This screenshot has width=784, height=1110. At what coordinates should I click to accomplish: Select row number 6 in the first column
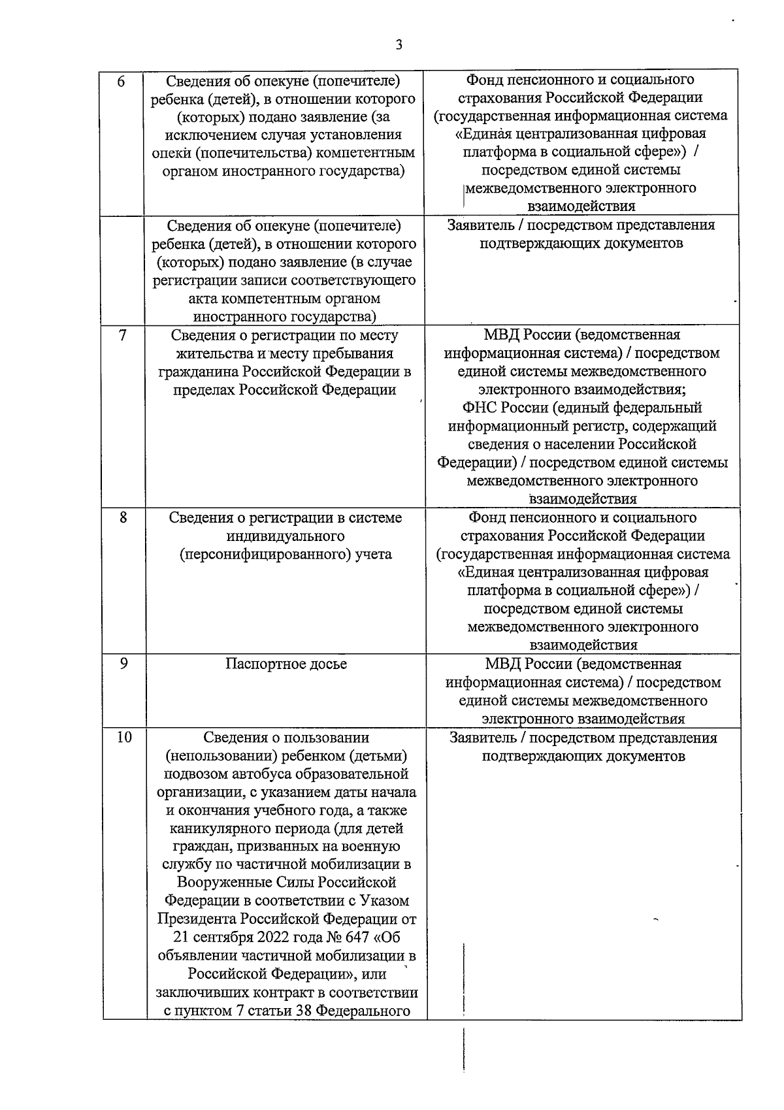121,82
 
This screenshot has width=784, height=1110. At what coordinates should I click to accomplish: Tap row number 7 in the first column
122,335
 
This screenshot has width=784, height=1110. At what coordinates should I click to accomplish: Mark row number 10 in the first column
124,738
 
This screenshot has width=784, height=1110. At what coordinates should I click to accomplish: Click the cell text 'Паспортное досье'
286,664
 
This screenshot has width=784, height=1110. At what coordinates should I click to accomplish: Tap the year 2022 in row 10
275,938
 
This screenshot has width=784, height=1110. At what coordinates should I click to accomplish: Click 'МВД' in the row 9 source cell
502,664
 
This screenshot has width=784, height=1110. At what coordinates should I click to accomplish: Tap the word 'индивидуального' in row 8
286,536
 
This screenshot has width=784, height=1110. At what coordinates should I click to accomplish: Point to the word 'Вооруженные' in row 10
221,883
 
